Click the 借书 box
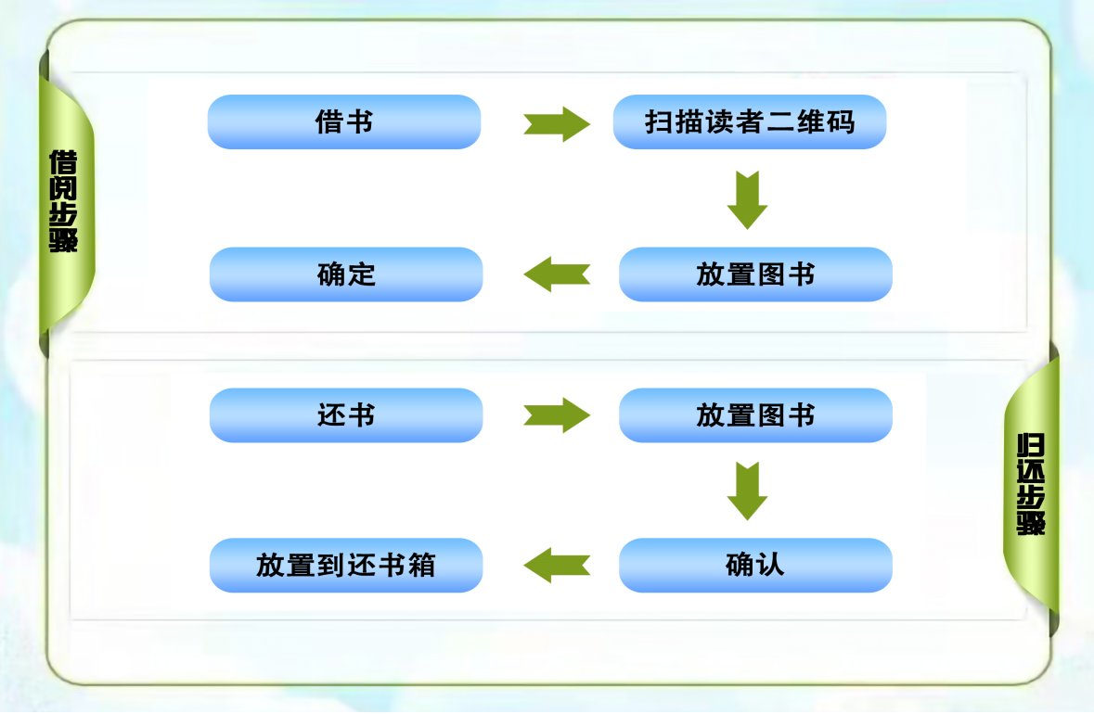tap(343, 122)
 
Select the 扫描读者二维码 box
tap(750, 122)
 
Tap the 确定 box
tap(345, 274)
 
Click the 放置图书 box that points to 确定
tap(755, 274)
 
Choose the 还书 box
tap(345, 415)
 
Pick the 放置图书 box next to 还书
tap(755, 415)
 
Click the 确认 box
tap(755, 566)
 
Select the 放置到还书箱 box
tap(345, 566)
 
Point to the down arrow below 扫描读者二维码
tap(747, 199)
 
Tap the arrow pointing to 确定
tap(557, 274)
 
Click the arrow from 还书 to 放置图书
tap(557, 415)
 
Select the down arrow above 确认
tap(747, 491)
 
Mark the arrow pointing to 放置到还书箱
tap(557, 566)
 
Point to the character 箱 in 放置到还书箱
tap(420, 566)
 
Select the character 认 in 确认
tap(771, 566)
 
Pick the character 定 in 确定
tap(362, 274)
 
